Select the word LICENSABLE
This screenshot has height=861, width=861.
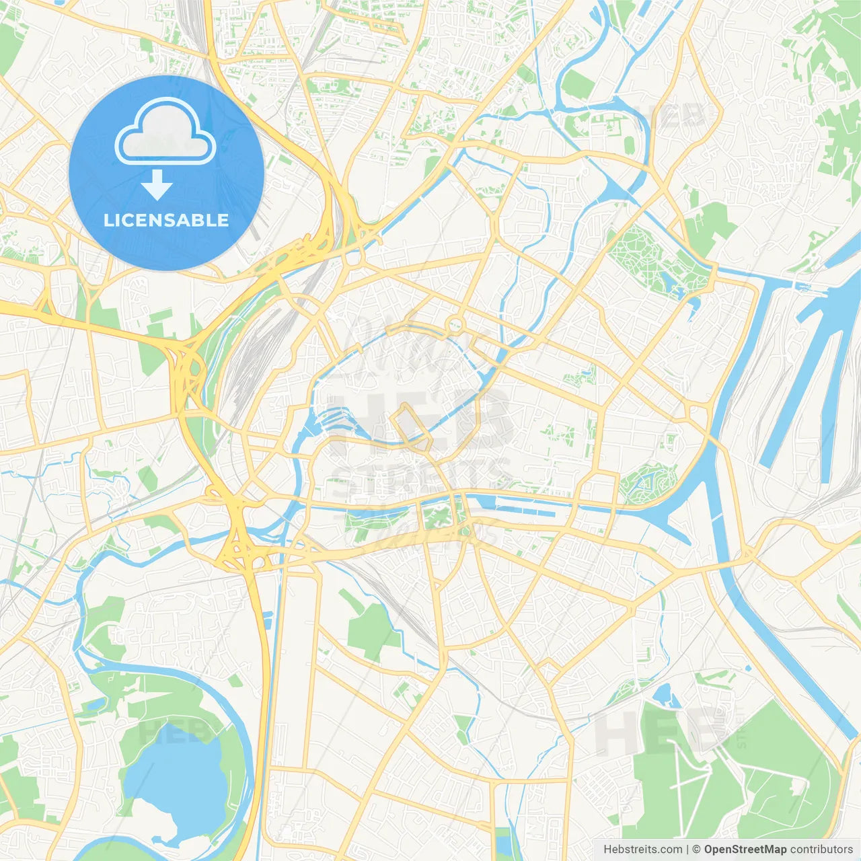166,220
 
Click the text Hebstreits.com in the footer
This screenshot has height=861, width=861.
642,850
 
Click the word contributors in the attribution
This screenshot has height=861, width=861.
821,850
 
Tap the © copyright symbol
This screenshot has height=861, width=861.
697,850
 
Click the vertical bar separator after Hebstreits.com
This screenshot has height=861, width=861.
687,850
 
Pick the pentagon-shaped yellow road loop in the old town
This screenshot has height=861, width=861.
410,428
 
